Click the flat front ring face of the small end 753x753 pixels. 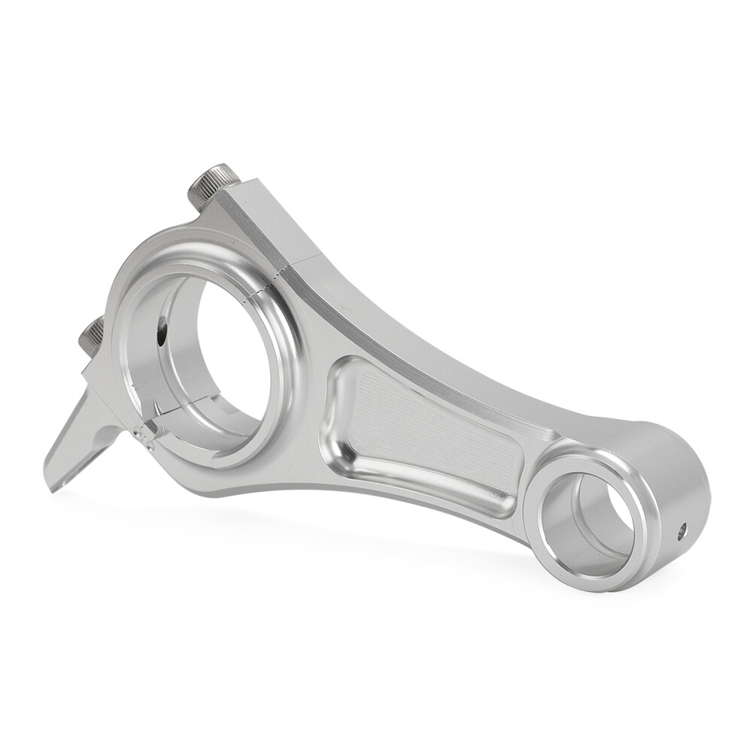pyautogui.click(x=553, y=549)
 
